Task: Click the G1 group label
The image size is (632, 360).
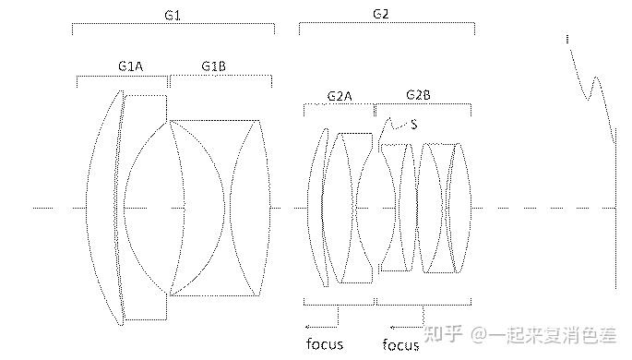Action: click(173, 16)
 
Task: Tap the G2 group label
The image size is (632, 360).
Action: click(381, 14)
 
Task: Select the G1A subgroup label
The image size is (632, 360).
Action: click(131, 66)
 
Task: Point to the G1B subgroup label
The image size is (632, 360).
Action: click(214, 66)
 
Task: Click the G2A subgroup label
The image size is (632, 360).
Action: click(340, 96)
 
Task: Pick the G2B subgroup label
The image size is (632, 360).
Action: click(418, 95)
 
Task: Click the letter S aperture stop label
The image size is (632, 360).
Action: click(413, 125)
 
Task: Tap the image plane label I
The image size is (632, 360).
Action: click(567, 39)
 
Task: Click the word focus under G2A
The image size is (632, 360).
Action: click(325, 344)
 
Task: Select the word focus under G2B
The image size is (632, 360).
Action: click(400, 345)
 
